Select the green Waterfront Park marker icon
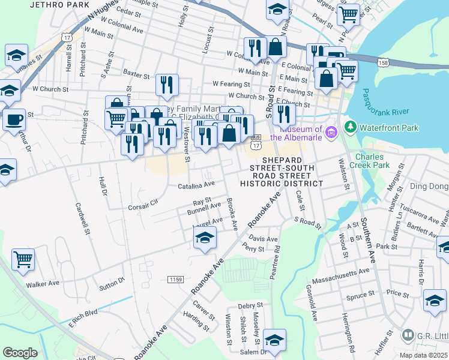point(350,127)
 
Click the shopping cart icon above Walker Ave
point(23,259)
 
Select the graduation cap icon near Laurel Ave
point(205,238)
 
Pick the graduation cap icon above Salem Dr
point(274,339)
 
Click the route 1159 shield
point(176,280)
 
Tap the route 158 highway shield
point(384,62)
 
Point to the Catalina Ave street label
point(196,186)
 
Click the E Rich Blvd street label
point(82,313)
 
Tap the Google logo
point(20,353)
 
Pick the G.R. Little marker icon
point(408,334)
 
